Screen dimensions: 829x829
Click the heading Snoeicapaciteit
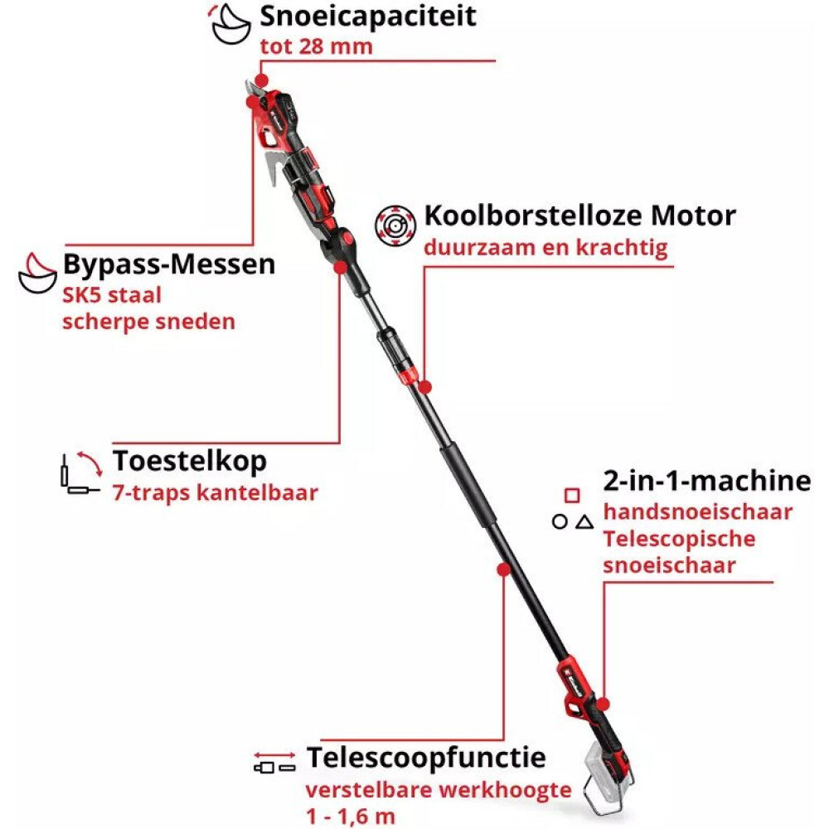(x=368, y=17)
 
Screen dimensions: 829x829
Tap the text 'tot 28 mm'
(x=316, y=46)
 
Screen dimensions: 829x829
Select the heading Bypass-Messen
(x=169, y=264)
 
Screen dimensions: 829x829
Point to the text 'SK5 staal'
(x=112, y=295)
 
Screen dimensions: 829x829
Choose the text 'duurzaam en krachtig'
(x=545, y=247)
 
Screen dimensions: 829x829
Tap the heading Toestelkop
(x=189, y=461)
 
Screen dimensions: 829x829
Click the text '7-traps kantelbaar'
(x=216, y=492)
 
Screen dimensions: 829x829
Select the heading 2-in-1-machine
(x=707, y=481)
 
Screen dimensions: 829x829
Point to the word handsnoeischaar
(x=698, y=511)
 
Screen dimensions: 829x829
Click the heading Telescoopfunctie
(x=426, y=757)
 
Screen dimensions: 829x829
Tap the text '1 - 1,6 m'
(x=351, y=817)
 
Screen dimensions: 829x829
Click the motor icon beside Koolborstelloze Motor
(x=395, y=225)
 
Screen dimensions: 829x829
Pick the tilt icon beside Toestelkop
(x=81, y=473)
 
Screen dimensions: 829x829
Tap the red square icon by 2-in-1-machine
(x=572, y=496)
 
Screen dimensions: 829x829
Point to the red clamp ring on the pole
(x=408, y=376)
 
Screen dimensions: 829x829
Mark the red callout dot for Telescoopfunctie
(x=504, y=570)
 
